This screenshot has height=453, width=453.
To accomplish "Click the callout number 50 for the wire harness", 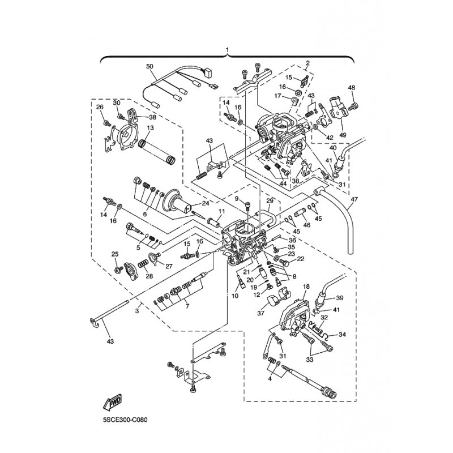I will point(150,67).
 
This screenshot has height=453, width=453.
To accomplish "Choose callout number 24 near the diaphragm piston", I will point(205,204).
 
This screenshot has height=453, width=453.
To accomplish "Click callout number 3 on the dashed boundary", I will point(138,311).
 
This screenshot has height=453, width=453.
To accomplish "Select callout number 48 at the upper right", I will point(351,88).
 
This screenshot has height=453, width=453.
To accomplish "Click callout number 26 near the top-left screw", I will point(100,107).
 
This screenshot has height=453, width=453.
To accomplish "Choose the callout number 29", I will point(270,201).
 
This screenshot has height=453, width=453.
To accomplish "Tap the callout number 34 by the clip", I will point(341,335).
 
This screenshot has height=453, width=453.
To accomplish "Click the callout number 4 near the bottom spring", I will point(270,379).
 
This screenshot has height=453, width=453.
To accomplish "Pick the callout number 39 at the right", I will point(340,298).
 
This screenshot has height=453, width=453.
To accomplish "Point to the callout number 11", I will point(221,211).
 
